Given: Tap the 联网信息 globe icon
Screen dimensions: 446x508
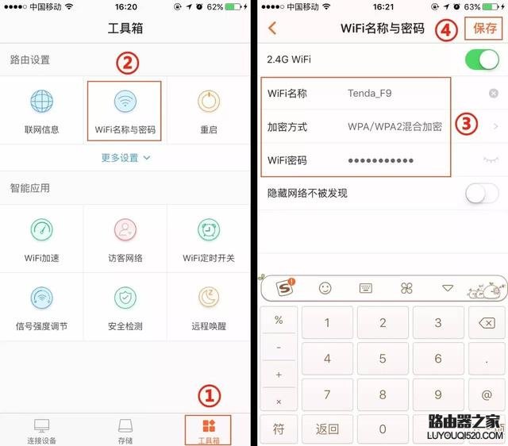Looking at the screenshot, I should tap(41, 102).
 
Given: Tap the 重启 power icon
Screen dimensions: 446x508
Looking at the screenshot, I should tap(209, 102).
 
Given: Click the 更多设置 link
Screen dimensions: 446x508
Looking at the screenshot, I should tap(125, 158).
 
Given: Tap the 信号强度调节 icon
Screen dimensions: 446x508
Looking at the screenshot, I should tap(41, 298).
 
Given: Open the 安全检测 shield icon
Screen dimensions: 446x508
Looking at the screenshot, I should tap(125, 298).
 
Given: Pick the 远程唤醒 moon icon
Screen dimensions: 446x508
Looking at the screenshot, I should tap(209, 298).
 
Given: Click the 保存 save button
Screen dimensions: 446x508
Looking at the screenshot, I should tap(484, 29).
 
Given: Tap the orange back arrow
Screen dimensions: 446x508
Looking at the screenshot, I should tap(272, 29).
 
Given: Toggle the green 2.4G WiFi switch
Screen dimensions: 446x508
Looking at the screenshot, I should tap(483, 60).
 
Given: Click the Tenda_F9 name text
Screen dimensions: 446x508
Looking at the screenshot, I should tap(369, 94).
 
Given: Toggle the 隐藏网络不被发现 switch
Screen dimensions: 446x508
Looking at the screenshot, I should tap(483, 193).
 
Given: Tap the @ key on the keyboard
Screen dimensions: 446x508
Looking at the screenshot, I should tap(486, 394).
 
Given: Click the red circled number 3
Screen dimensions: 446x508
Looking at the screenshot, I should tap(468, 124).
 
